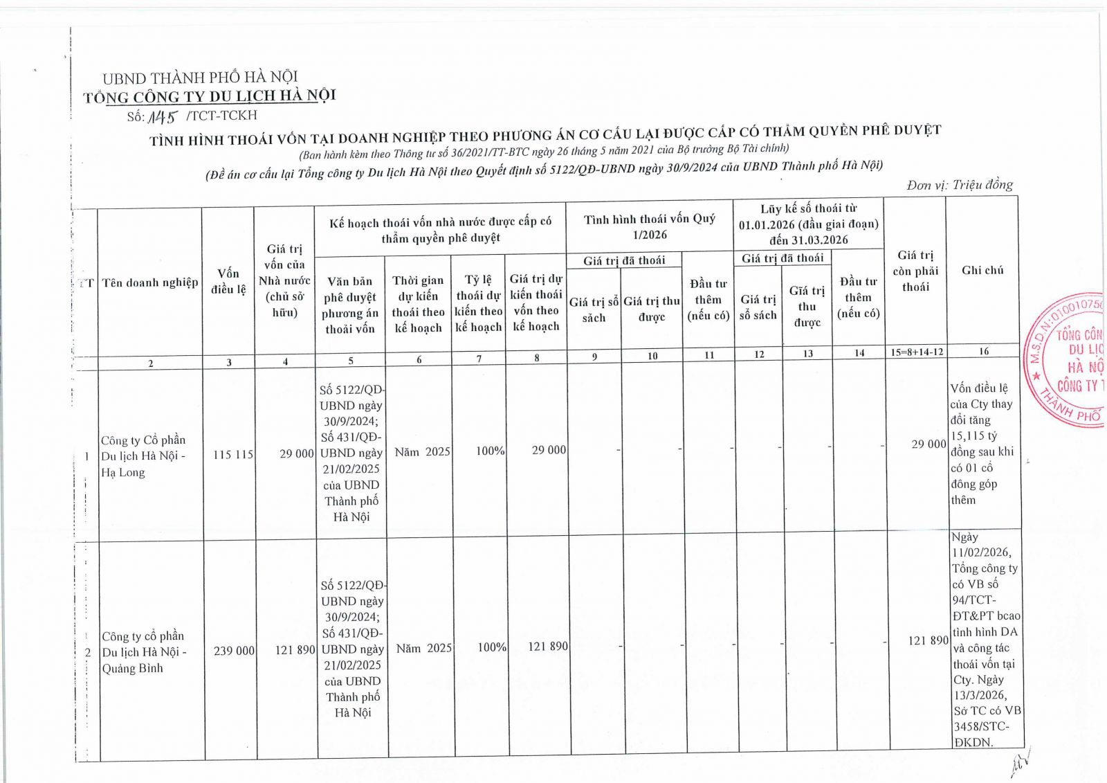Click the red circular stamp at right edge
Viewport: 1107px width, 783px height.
[x=1069, y=360]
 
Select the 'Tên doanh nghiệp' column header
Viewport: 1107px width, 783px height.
[x=150, y=282]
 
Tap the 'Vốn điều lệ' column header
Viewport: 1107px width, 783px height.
[x=228, y=281]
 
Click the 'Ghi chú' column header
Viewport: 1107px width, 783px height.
[x=982, y=270]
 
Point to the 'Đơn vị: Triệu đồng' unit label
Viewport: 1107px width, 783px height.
[x=960, y=185]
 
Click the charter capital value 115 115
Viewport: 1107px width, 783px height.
[x=232, y=455]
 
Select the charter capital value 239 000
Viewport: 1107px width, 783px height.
[x=234, y=651]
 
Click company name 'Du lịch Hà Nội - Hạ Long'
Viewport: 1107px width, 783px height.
[x=143, y=456]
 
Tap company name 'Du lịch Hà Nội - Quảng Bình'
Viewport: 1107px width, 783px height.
[x=144, y=652]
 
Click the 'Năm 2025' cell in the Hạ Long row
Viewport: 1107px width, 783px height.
[x=422, y=452]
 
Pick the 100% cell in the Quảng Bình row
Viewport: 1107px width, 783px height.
[x=492, y=647]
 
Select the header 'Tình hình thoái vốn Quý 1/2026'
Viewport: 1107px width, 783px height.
[x=649, y=227]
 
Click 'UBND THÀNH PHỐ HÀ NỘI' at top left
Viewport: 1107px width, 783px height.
[x=200, y=78]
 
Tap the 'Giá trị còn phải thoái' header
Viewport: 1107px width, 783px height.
[x=916, y=271]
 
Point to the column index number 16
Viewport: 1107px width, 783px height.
[x=983, y=352]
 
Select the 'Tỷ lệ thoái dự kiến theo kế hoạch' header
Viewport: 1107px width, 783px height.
[x=478, y=303]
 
